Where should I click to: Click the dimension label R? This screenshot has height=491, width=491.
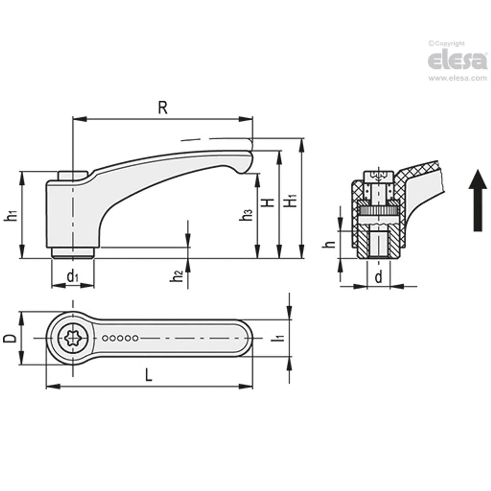point(162,108)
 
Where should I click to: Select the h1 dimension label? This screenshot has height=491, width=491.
point(12,216)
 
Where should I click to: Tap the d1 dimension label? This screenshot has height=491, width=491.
point(73,277)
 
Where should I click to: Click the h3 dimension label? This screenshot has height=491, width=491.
point(246,215)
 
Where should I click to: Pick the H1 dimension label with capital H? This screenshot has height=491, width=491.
point(291,201)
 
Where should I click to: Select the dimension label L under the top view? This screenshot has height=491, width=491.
point(149,376)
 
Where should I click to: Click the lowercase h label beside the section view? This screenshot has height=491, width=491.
point(331,244)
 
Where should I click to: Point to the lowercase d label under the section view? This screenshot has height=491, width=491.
point(379,277)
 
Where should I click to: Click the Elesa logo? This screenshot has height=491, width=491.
point(457,61)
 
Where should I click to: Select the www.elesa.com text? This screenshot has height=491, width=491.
point(457,78)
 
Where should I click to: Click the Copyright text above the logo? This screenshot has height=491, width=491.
point(447,44)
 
